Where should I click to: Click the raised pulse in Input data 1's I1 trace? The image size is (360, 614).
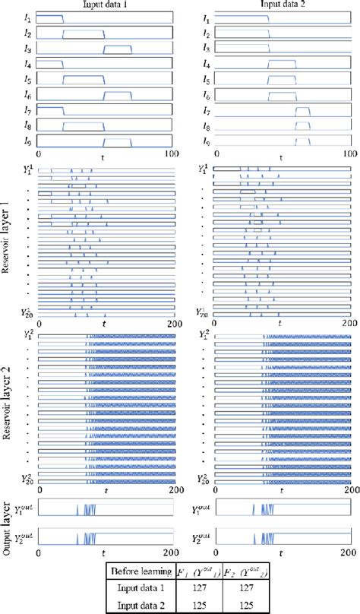[x=50, y=15]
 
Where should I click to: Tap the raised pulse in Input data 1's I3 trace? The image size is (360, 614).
[x=116, y=47]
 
